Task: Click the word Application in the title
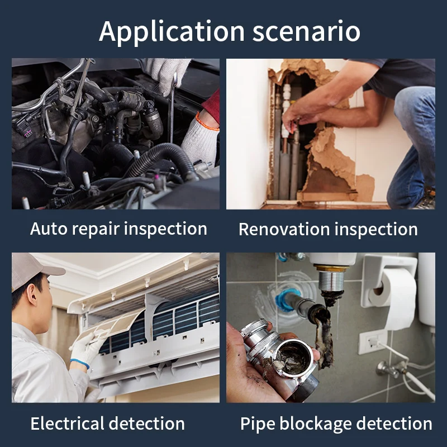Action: click(170, 31)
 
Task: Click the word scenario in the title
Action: click(306, 31)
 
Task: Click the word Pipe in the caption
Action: click(259, 424)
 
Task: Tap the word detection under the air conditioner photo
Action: click(149, 424)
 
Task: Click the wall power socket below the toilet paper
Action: click(372, 340)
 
